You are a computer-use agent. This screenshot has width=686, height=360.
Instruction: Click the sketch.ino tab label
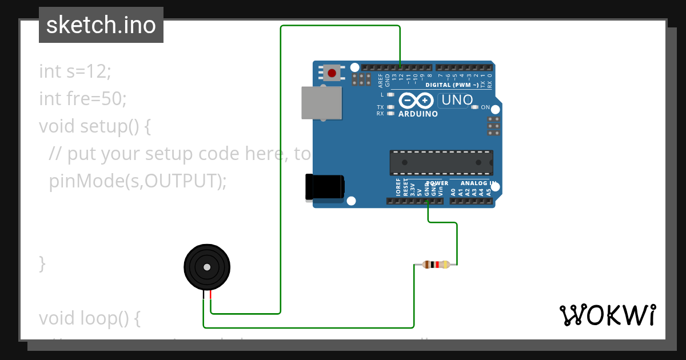[x=101, y=25]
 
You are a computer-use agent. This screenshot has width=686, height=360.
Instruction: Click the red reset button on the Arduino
[x=332, y=73]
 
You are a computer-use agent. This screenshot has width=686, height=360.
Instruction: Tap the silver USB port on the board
[x=321, y=103]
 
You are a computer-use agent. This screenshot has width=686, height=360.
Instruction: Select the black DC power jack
[x=325, y=187]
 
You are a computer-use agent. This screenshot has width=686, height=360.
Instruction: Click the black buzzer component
[x=207, y=267]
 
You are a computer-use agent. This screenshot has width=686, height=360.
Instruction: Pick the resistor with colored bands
[x=436, y=264]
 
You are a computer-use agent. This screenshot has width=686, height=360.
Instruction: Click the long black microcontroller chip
[x=441, y=162]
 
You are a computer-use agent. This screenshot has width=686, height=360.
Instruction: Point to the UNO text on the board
[x=456, y=101]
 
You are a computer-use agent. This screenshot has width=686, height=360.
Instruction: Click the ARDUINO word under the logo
[x=418, y=114]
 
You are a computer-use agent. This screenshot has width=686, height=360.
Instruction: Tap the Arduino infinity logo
[x=416, y=101]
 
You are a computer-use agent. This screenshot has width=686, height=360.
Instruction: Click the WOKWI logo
[x=608, y=315]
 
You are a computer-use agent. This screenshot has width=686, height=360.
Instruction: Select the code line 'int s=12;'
[x=75, y=71]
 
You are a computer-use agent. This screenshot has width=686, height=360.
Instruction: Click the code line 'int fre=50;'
[x=82, y=99]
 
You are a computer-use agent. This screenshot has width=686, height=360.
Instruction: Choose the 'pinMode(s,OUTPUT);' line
[x=138, y=181]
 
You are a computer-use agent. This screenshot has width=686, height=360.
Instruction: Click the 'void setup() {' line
[x=95, y=126]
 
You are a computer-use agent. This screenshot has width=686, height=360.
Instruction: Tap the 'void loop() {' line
[x=90, y=318]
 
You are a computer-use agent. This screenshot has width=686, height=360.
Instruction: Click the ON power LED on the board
[x=474, y=107]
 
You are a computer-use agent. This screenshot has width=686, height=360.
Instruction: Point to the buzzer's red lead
[x=210, y=295]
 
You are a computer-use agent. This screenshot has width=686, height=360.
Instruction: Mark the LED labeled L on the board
[x=391, y=94]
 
